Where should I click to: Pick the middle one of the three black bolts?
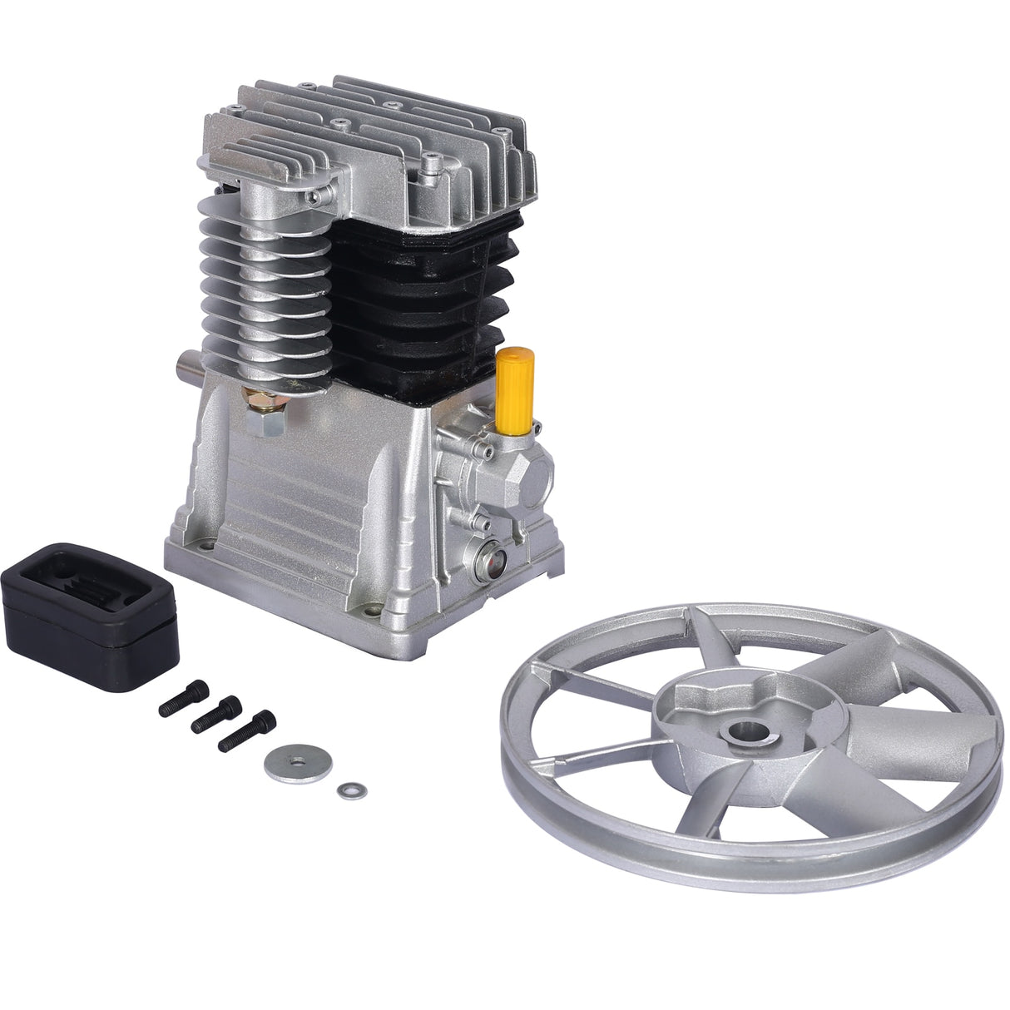214,715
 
